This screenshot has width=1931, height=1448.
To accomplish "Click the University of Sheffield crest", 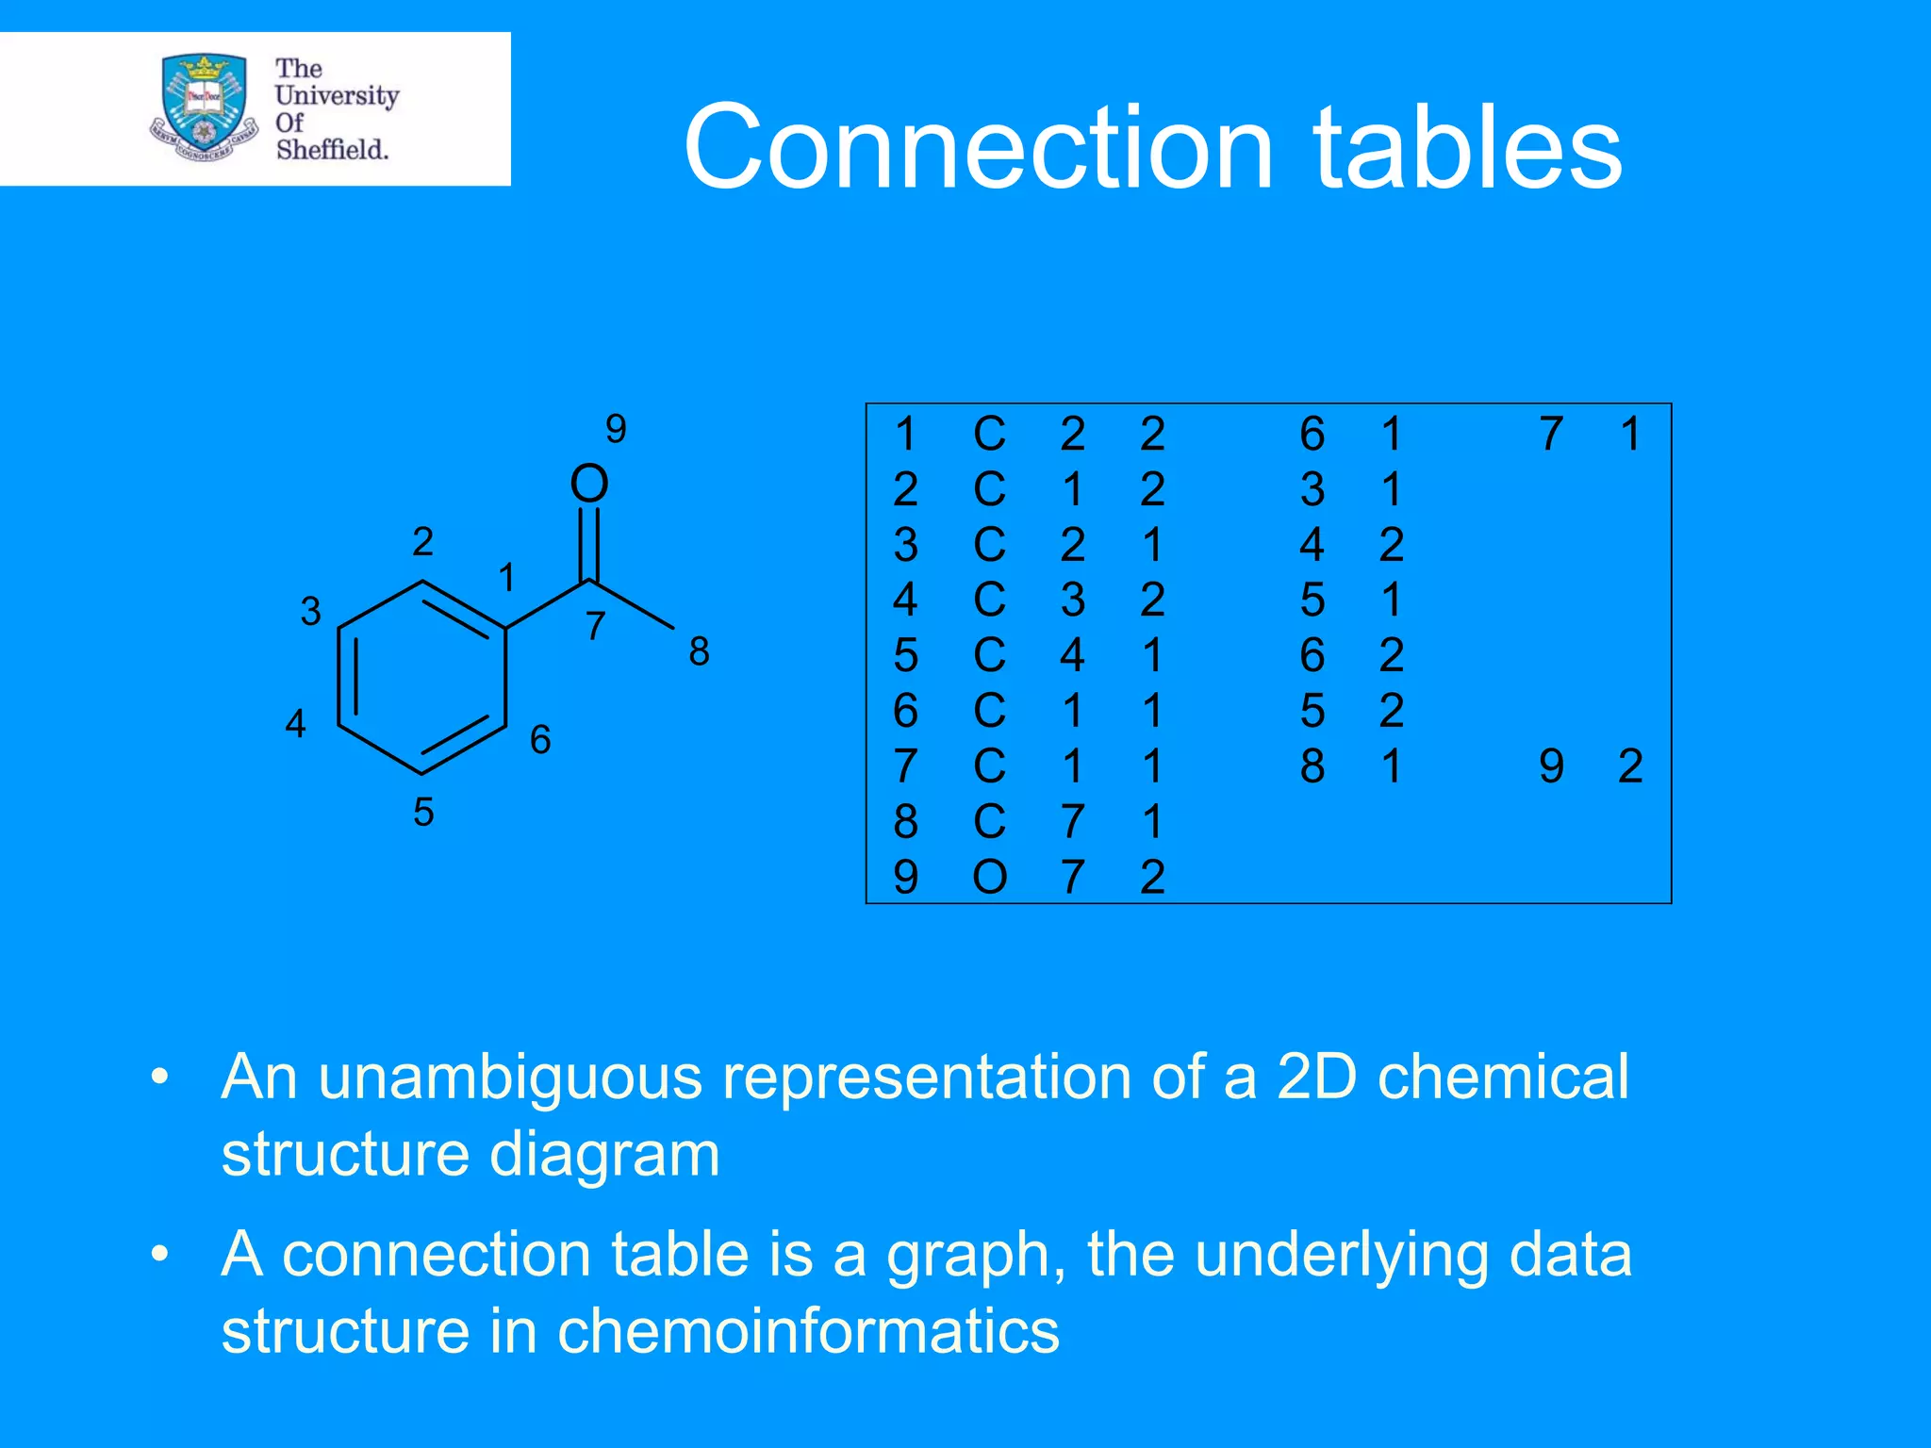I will click(204, 107).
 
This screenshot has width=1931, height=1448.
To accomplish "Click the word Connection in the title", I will click(980, 148).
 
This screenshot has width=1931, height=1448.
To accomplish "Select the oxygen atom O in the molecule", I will click(589, 484).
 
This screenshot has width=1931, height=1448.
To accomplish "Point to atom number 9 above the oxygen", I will click(616, 429).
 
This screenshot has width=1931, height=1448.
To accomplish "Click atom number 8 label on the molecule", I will click(699, 651).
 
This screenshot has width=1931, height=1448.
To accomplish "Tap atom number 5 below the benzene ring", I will click(423, 812).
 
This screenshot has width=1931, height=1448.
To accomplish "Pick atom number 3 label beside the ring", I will click(310, 612).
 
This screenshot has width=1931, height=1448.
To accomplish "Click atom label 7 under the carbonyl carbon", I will click(595, 626).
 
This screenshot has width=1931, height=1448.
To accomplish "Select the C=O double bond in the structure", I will click(589, 544).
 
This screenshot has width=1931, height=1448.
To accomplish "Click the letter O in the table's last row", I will click(989, 878).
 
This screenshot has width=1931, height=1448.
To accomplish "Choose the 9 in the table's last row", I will click(905, 878).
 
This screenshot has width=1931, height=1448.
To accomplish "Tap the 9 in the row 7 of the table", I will click(1551, 766).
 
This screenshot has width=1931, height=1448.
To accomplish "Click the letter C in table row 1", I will click(989, 435).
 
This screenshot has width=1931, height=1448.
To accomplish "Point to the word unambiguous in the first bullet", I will click(510, 1077).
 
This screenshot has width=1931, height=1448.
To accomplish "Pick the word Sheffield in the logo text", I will click(331, 149).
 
